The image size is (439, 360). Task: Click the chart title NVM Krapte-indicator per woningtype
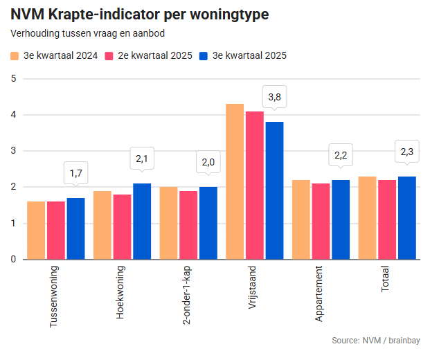(140, 13)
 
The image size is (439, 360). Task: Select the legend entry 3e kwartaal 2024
(54, 55)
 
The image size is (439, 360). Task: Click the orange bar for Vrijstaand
(235, 181)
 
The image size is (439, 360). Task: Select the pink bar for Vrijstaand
(255, 185)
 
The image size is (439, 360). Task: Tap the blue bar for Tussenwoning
(75, 228)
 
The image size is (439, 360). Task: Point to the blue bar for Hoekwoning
(142, 221)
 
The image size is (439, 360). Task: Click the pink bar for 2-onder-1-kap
(188, 225)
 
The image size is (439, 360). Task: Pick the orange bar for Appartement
(301, 219)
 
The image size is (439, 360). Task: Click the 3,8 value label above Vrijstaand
(274, 96)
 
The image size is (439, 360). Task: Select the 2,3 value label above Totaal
(407, 151)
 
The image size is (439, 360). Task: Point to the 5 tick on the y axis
(13, 78)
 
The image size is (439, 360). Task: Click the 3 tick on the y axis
(13, 151)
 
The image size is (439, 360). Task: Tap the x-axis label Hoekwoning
(120, 291)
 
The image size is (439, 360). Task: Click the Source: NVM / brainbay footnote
(376, 341)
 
